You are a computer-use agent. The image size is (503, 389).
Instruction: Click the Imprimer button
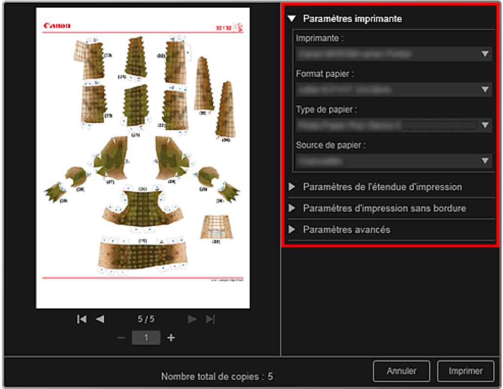[465, 371]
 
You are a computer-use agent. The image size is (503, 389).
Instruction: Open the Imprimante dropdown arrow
[485, 54]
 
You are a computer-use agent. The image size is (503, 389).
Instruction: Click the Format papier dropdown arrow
[485, 90]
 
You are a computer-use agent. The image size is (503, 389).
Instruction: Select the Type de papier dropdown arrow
[485, 125]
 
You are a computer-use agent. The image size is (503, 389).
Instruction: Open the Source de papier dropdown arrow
[485, 160]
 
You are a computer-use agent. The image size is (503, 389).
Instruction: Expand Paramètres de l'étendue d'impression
[382, 187]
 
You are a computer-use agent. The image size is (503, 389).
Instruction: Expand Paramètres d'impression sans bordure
[384, 208]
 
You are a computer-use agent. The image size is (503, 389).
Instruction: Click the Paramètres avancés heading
[347, 229]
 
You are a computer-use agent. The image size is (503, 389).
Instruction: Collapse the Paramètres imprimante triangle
[292, 19]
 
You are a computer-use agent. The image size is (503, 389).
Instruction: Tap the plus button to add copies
[171, 338]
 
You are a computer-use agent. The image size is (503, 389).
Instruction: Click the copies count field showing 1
[146, 338]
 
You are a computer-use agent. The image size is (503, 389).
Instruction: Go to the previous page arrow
[100, 319]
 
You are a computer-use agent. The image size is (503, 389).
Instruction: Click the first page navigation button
[82, 319]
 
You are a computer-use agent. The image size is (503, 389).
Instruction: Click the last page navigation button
[210, 319]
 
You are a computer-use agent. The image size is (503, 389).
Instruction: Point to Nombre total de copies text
[218, 377]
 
